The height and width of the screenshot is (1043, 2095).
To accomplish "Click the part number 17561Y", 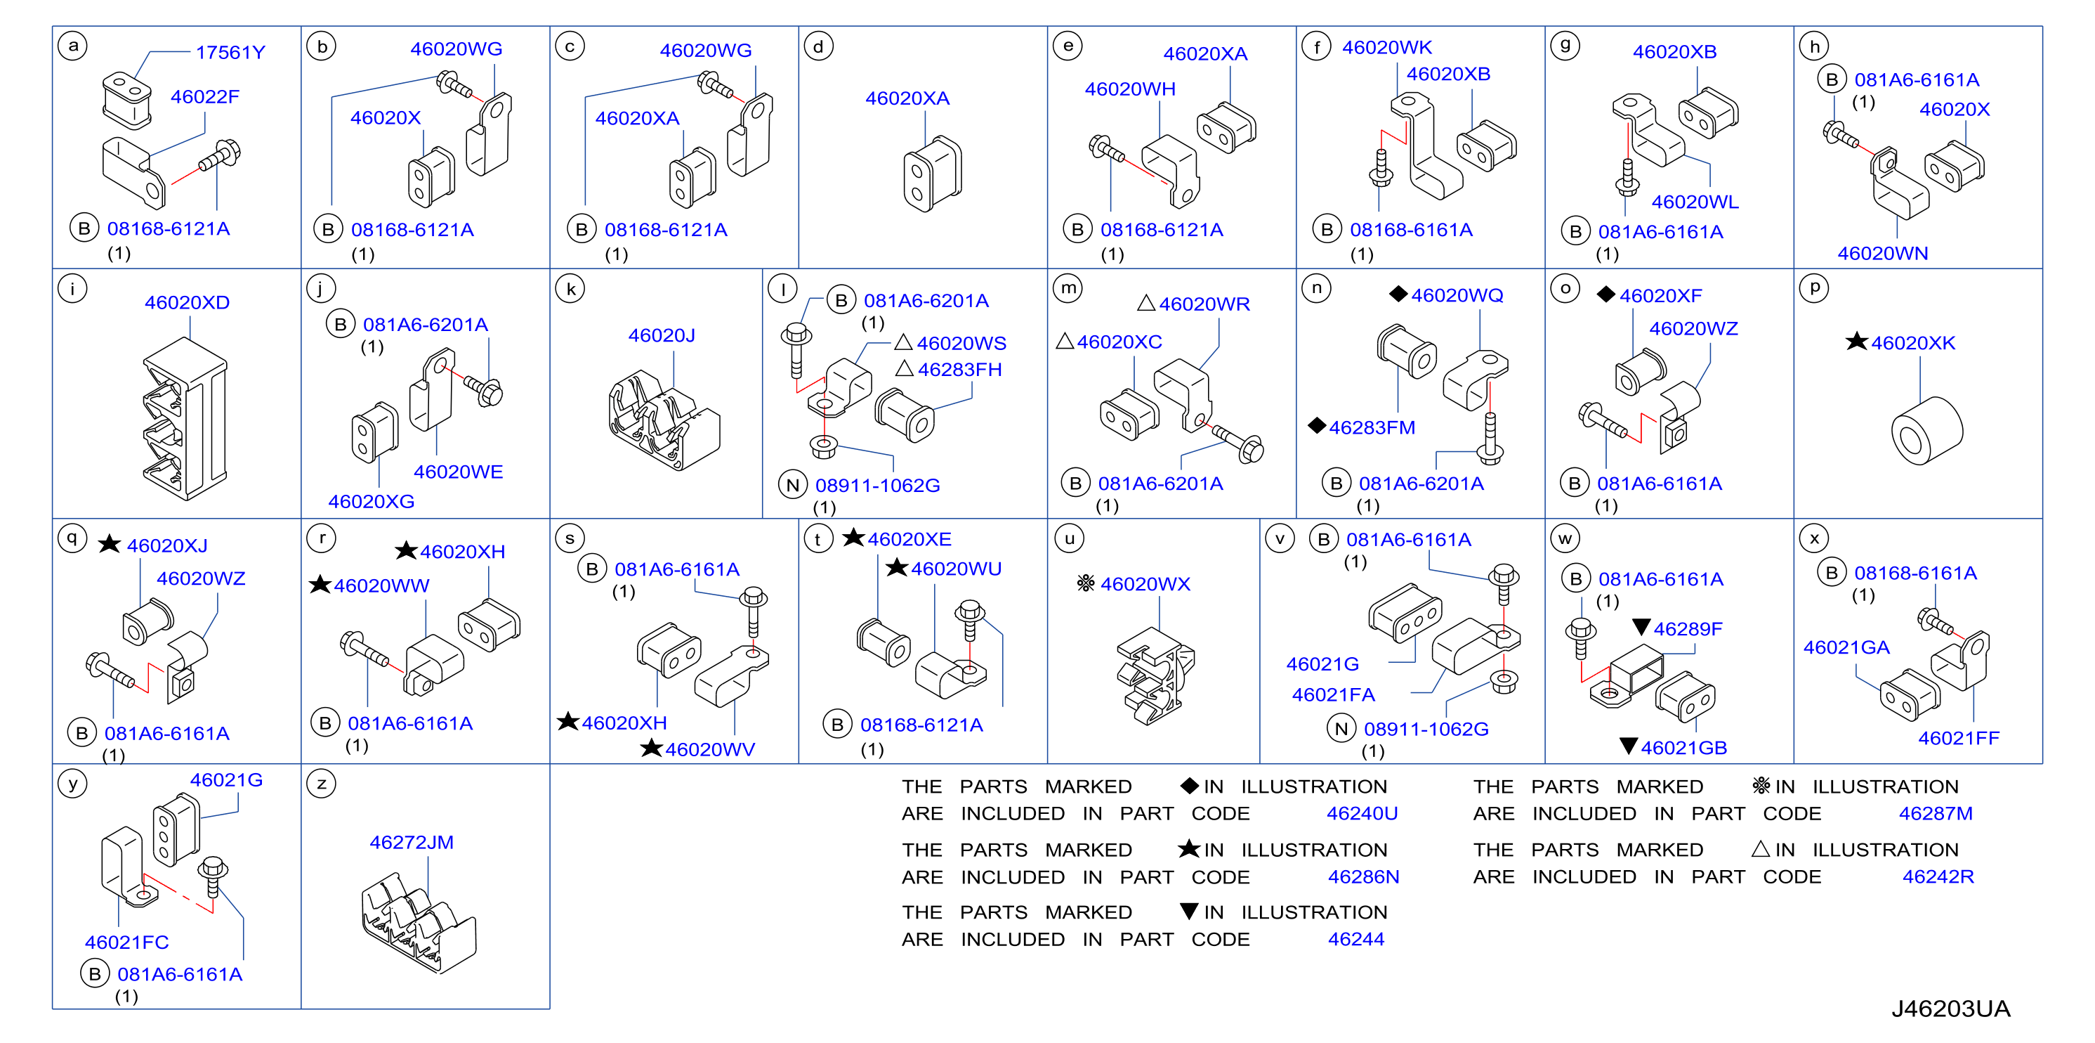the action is pyautogui.click(x=230, y=52).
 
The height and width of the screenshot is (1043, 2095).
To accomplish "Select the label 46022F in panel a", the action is pyautogui.click(x=205, y=97).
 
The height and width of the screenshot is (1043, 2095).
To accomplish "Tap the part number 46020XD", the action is pyautogui.click(x=187, y=303).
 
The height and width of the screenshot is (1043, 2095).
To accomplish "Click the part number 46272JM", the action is pyautogui.click(x=412, y=842).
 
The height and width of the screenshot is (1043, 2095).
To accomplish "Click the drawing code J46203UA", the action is pyautogui.click(x=1950, y=1009).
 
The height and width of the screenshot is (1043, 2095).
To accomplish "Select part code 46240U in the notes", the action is pyautogui.click(x=1362, y=814).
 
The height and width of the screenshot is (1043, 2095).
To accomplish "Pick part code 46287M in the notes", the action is pyautogui.click(x=1936, y=814).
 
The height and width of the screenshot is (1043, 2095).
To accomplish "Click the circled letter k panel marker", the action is pyautogui.click(x=570, y=289).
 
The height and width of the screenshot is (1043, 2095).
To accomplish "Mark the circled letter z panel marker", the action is pyautogui.click(x=321, y=784).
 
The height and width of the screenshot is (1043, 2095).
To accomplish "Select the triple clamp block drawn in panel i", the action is pyautogui.click(x=185, y=418).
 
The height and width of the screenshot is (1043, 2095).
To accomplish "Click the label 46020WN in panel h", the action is pyautogui.click(x=1883, y=253).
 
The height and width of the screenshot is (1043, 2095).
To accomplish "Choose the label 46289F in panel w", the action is pyautogui.click(x=1678, y=628).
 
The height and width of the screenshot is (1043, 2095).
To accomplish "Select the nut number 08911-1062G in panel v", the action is pyautogui.click(x=1426, y=729).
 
